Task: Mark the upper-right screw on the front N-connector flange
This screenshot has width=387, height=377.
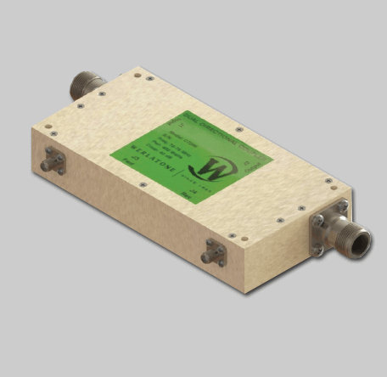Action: (x=342, y=205)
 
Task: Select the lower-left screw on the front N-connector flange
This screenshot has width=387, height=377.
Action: (x=317, y=250)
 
